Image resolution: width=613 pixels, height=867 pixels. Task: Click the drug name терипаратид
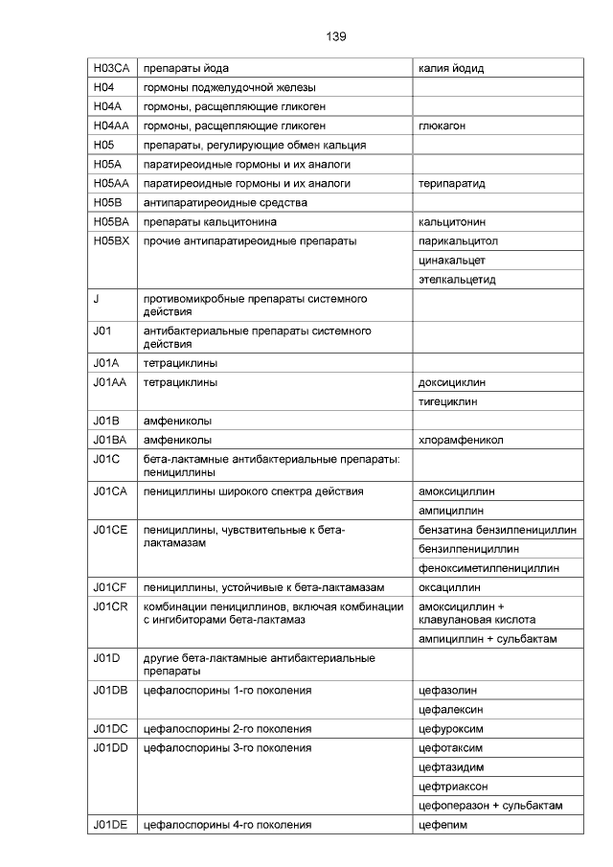tap(452, 183)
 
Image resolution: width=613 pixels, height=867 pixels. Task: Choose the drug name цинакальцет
tap(452, 260)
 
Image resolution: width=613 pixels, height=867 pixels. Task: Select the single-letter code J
tap(97, 299)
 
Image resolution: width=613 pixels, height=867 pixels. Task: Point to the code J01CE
tap(111, 530)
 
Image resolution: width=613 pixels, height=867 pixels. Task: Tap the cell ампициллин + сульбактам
tap(488, 639)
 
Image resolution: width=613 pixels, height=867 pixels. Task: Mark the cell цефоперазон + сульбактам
tap(490, 805)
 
